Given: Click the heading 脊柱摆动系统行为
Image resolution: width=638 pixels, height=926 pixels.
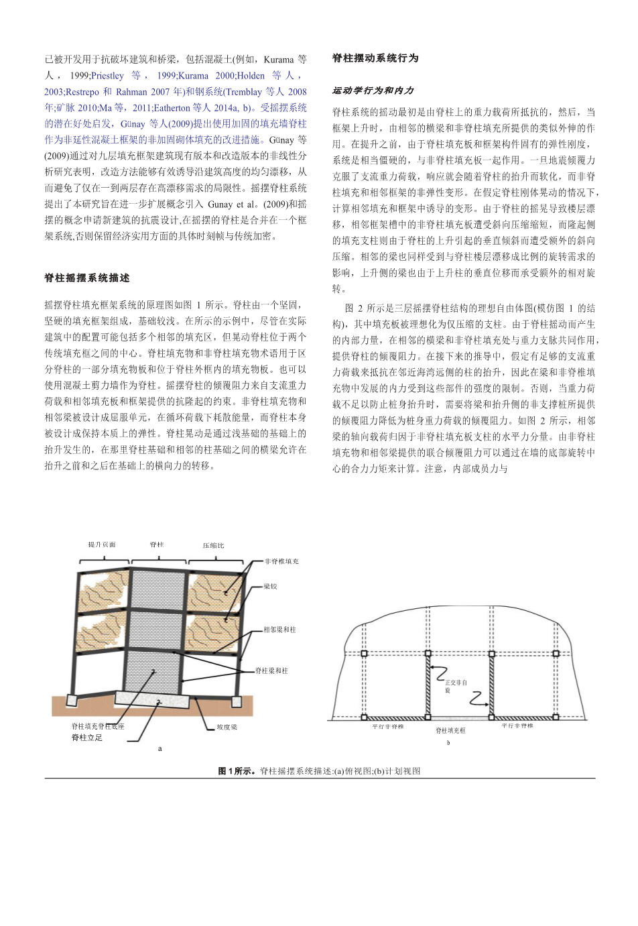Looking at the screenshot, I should (375, 58).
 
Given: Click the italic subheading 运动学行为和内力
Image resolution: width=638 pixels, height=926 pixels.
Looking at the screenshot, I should (373, 91).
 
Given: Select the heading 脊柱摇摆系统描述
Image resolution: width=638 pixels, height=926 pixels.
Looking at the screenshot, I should (87, 278).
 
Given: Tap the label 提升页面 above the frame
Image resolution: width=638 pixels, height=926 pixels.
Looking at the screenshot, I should (102, 544).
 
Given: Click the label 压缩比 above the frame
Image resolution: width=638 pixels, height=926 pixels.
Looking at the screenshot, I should (213, 545).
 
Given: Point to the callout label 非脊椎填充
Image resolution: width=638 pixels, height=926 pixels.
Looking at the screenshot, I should (281, 561).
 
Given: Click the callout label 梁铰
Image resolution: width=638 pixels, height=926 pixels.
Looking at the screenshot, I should (270, 587).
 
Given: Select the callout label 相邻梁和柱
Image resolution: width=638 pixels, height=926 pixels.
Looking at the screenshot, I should (279, 630).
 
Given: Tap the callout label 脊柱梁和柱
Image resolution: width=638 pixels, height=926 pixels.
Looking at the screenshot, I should (271, 671).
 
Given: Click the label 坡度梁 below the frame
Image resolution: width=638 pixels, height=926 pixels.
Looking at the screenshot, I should (227, 727).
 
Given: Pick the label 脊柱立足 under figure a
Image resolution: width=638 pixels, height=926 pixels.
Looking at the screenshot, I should (86, 738).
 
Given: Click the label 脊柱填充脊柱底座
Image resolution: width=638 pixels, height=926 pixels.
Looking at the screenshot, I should (98, 726).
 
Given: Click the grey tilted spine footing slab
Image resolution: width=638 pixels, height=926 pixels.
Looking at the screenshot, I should (154, 699).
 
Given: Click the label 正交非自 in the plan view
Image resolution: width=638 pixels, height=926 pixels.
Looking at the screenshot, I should (456, 683).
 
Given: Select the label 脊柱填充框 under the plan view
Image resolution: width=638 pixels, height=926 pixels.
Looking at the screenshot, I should (450, 730).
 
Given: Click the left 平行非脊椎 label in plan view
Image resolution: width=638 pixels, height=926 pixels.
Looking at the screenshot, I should (388, 726).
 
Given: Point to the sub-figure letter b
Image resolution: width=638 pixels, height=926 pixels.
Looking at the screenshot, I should (448, 743).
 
